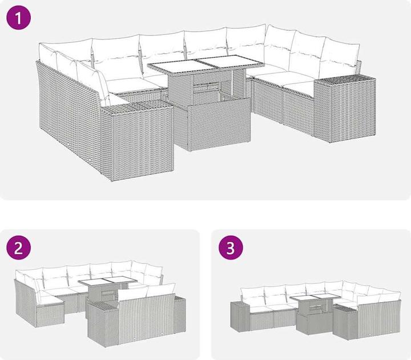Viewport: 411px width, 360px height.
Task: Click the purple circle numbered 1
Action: tap(19, 18)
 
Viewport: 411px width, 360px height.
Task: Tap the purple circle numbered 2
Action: tap(19, 247)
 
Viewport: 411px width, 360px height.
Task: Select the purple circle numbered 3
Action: tap(231, 247)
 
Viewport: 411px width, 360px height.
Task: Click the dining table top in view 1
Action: tap(206, 64)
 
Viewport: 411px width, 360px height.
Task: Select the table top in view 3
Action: tap(315, 298)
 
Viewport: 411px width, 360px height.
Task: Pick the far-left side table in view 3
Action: tap(239, 317)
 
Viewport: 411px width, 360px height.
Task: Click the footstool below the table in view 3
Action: tap(313, 323)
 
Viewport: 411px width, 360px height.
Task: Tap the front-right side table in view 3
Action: tap(345, 325)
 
